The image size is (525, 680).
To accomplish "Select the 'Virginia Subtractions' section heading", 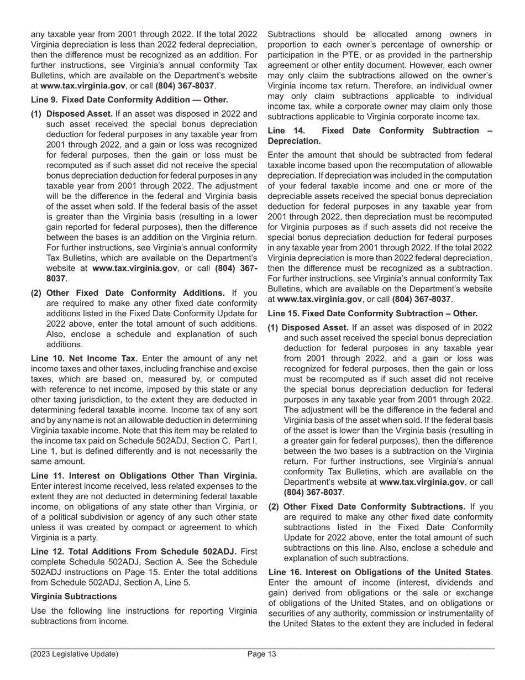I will point(73,596).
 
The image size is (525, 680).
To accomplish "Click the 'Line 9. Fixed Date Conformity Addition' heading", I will point(129,100).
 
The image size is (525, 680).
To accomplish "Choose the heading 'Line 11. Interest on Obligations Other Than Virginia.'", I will point(144,475).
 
